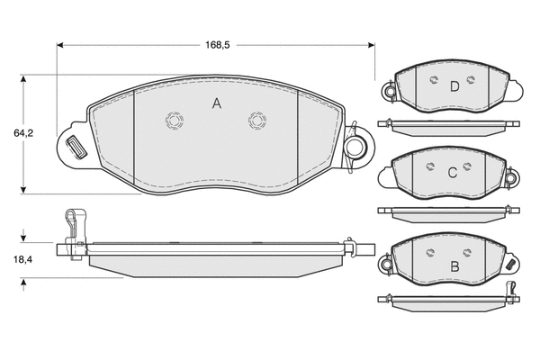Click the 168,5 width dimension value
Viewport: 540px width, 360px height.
217,45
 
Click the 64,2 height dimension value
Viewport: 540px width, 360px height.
23,133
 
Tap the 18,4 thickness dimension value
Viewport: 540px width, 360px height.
22,259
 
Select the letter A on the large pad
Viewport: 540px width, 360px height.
217,103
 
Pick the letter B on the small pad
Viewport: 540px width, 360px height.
454,266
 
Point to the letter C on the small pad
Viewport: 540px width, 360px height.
453,173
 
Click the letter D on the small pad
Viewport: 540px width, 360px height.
454,86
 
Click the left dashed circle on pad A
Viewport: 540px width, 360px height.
175,121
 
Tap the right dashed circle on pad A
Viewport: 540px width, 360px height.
257,121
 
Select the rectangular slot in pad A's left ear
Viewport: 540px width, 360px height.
76,147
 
